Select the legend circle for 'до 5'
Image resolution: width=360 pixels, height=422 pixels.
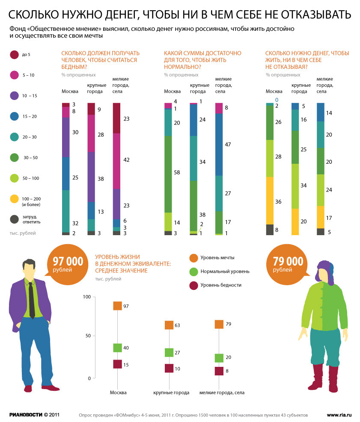(x=14, y=55)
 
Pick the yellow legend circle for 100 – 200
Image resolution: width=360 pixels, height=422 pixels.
(x=14, y=199)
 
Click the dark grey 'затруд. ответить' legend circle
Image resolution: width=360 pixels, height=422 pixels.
(x=14, y=219)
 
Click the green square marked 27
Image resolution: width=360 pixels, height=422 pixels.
(x=169, y=353)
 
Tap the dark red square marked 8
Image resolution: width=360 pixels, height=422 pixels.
(x=219, y=371)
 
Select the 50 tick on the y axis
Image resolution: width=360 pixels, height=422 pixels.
(x=87, y=336)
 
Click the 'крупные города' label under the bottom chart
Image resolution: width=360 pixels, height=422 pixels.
(x=171, y=392)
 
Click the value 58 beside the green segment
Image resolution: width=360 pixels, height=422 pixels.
(x=178, y=172)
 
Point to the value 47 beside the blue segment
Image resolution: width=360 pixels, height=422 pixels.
(x=228, y=145)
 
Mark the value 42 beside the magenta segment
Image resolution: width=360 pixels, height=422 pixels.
(x=126, y=159)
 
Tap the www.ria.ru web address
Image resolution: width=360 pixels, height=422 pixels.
(x=339, y=415)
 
